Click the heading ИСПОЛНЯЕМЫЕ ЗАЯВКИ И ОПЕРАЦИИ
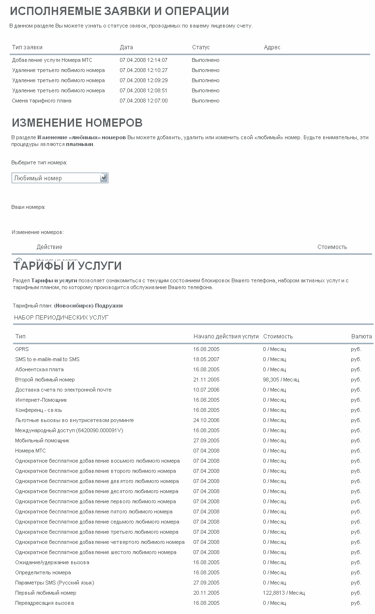pos(119,11)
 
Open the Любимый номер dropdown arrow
pos(104,178)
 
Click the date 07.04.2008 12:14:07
pos(143,60)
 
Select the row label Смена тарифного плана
pos(42,101)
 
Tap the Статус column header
pos(201,47)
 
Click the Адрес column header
pos(272,47)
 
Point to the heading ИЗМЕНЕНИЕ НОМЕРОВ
pos(77,123)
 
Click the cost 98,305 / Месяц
pos(281,380)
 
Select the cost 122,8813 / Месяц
pos(284,593)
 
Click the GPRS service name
pos(22,349)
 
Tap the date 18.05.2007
pos(206,359)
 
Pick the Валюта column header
pos(361,336)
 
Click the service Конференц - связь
pos(39,410)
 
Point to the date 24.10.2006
pos(206,420)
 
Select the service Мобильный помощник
pos(42,440)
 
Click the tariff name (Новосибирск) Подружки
pos(88,306)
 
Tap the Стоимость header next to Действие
pos(332,247)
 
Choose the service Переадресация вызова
pos(45,603)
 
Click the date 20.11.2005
pos(206,593)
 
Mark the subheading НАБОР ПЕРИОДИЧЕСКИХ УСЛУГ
pos(61,318)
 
